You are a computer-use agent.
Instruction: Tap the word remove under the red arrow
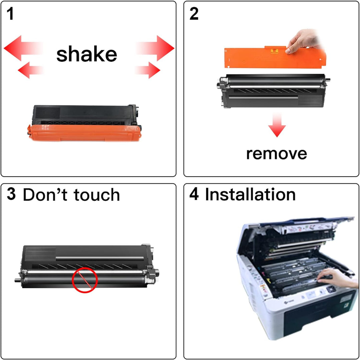click(x=276, y=154)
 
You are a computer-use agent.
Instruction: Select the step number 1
click(x=10, y=14)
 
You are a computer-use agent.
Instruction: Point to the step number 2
click(x=194, y=14)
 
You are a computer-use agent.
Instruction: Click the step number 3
click(x=11, y=194)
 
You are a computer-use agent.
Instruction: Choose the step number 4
click(x=194, y=194)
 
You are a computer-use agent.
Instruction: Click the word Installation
click(x=250, y=194)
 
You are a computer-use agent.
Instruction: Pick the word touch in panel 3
click(x=97, y=195)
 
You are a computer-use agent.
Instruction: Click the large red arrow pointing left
click(x=23, y=48)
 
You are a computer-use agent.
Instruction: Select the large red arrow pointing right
click(x=155, y=48)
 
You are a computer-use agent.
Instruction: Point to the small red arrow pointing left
click(x=31, y=70)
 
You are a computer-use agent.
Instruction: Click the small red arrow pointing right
click(x=147, y=70)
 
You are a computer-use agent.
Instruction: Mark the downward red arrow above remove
click(x=277, y=125)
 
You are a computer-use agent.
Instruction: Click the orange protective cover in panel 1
click(x=84, y=133)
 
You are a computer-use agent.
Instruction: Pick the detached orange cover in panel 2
click(x=275, y=57)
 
